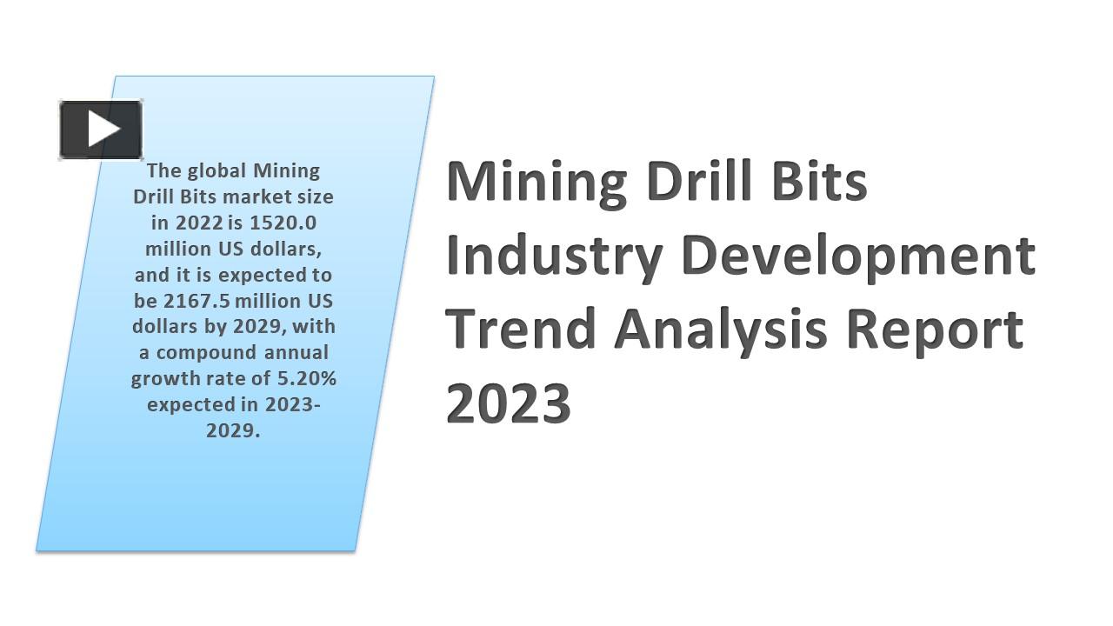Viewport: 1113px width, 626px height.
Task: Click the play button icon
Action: click(x=101, y=130)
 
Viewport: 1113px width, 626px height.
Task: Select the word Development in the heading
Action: click(x=858, y=256)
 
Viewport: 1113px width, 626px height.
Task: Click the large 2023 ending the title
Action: click(x=509, y=403)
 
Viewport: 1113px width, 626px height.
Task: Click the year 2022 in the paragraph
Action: click(x=198, y=223)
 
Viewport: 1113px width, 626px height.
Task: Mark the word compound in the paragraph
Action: click(x=206, y=353)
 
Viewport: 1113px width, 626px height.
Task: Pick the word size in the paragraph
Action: click(x=315, y=196)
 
